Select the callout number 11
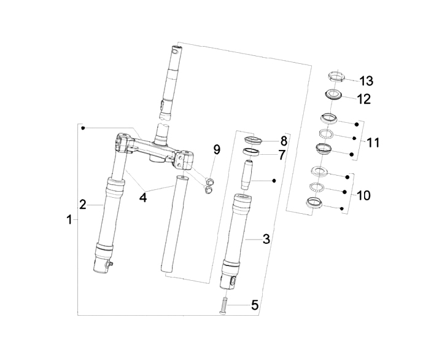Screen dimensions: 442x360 (372, 143)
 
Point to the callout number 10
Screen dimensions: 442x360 (363, 195)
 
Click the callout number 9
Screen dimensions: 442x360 (216, 149)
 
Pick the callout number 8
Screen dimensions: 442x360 (283, 140)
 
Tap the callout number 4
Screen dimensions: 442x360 (142, 197)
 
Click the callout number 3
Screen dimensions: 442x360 (266, 238)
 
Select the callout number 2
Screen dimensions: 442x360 (83, 204)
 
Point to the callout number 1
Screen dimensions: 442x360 (69, 219)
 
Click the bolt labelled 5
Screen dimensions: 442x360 (222, 305)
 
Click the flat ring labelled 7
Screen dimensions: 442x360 (251, 151)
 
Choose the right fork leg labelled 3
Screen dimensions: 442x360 (238, 237)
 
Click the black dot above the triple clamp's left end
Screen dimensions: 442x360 (83, 128)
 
